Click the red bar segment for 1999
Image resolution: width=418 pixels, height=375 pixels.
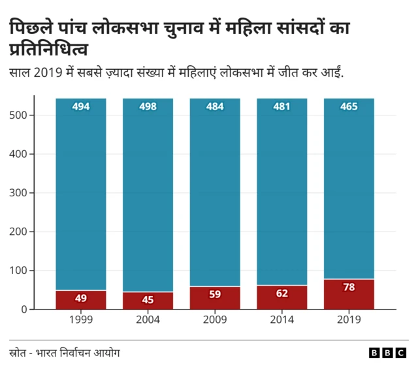[x=81, y=299]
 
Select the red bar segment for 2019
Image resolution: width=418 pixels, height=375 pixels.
[x=349, y=294]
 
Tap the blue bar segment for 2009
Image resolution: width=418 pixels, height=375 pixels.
[x=215, y=196]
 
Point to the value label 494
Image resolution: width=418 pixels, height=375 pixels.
[x=81, y=107]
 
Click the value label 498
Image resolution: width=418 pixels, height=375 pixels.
[x=148, y=107]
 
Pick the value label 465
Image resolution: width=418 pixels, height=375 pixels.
[x=349, y=107]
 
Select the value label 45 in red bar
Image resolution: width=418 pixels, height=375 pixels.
[x=148, y=301]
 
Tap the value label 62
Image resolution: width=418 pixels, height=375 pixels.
[x=282, y=294]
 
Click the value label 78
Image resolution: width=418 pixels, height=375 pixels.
[x=349, y=288]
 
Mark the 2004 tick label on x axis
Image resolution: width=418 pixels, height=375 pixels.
[x=148, y=320]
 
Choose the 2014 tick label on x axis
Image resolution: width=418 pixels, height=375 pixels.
[x=282, y=320]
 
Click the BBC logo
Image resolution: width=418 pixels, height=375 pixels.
[x=387, y=353]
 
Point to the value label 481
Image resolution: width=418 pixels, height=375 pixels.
[x=282, y=107]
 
